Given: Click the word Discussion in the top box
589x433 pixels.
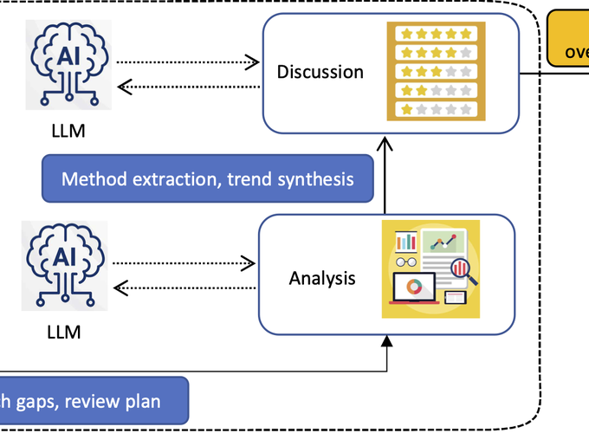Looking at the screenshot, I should tap(320, 72).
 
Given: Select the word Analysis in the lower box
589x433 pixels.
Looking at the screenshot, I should tap(322, 279).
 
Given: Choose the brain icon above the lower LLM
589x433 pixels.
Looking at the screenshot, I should tap(67, 264).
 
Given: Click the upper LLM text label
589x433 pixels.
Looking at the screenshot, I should tap(68, 132).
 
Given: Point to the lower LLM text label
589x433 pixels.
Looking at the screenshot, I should tap(66, 333).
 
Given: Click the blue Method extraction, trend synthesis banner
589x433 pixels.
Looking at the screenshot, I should tap(207, 179).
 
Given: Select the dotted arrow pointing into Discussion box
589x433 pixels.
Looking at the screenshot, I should tap(187, 61).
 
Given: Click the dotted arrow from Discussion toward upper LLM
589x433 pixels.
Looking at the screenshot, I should tap(187, 86).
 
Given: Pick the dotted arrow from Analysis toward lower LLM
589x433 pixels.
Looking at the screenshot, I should tap(184, 287).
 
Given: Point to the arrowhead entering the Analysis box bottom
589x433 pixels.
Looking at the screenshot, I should tap(387, 343).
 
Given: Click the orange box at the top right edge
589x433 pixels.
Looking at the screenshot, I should tap(568, 39).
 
